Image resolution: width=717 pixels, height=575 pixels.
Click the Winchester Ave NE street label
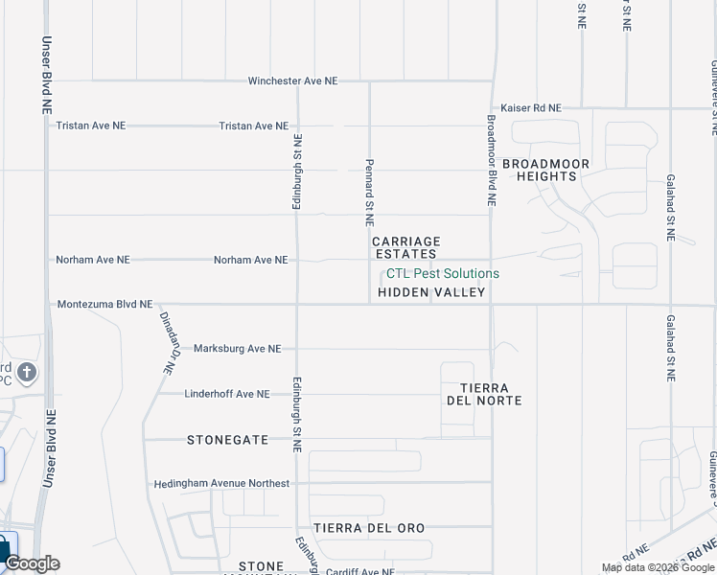[292, 81]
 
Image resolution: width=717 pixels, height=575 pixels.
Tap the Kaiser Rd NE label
[531, 108]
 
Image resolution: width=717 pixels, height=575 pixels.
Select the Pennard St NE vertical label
[368, 192]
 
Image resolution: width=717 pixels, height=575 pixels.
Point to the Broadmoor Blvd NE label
[491, 161]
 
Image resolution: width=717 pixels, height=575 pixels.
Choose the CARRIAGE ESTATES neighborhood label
[405, 247]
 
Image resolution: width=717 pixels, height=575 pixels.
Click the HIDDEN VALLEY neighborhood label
[431, 292]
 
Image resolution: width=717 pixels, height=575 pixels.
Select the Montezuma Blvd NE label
[104, 304]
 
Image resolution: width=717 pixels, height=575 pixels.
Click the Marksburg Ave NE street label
[237, 349]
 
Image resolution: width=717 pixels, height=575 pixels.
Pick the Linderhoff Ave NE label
[227, 394]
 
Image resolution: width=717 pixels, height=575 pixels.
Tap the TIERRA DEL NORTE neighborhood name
[484, 394]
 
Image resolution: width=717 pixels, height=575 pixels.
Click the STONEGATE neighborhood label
[227, 439]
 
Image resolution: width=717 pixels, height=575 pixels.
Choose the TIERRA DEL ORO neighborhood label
[369, 528]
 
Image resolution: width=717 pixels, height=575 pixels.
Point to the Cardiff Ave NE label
[359, 571]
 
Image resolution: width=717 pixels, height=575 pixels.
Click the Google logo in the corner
[32, 563]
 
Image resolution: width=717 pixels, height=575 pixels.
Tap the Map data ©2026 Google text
[658, 568]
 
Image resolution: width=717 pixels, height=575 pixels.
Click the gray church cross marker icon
[26, 372]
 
